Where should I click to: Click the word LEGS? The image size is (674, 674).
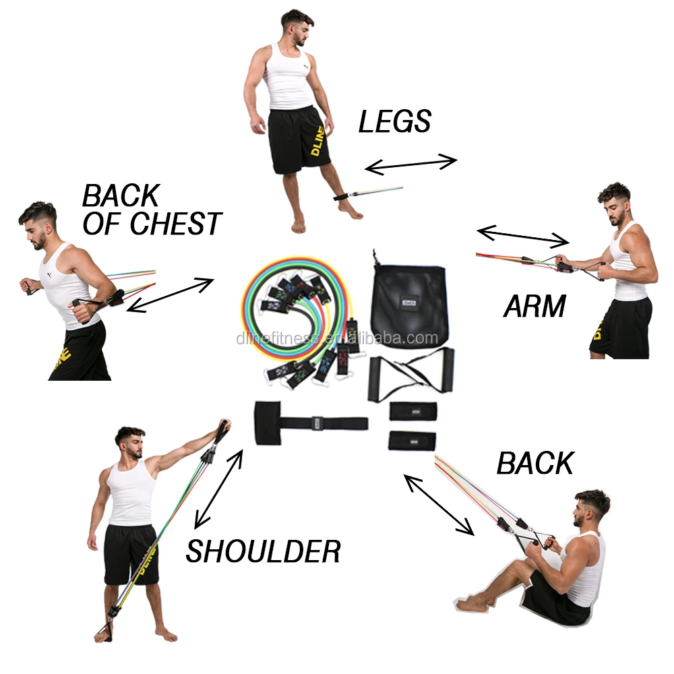click(x=394, y=122)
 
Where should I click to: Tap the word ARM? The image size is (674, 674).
click(x=534, y=307)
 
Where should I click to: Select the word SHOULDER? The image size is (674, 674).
click(x=264, y=552)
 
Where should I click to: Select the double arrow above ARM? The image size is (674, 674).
click(x=523, y=236)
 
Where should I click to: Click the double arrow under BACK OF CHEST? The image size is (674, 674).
click(x=170, y=295)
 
